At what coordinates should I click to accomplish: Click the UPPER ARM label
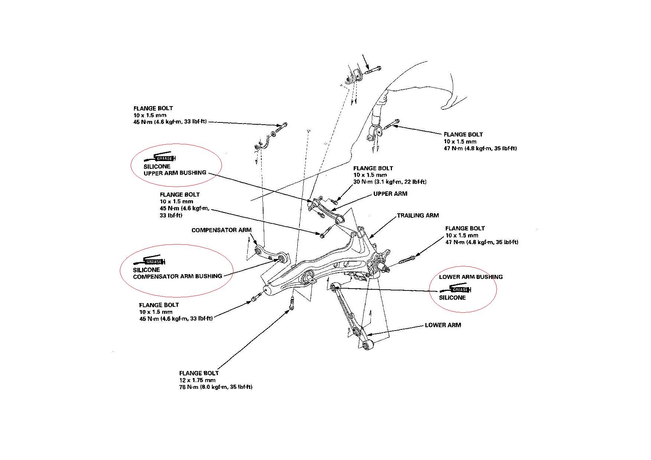390,194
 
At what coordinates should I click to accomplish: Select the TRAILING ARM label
418,215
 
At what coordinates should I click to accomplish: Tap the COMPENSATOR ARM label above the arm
221,230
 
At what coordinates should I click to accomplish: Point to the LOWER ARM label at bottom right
443,325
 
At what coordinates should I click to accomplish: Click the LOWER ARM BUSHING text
471,277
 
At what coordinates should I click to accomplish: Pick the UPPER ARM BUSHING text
175,172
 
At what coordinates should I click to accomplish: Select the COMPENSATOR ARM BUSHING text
177,276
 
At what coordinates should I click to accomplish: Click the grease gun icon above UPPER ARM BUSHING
160,157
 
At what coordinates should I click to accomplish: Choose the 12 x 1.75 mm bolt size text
197,380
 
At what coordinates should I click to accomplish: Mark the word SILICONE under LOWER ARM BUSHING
452,298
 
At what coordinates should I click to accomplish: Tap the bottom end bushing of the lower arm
367,346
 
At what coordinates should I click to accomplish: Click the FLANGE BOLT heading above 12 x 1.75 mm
199,373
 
